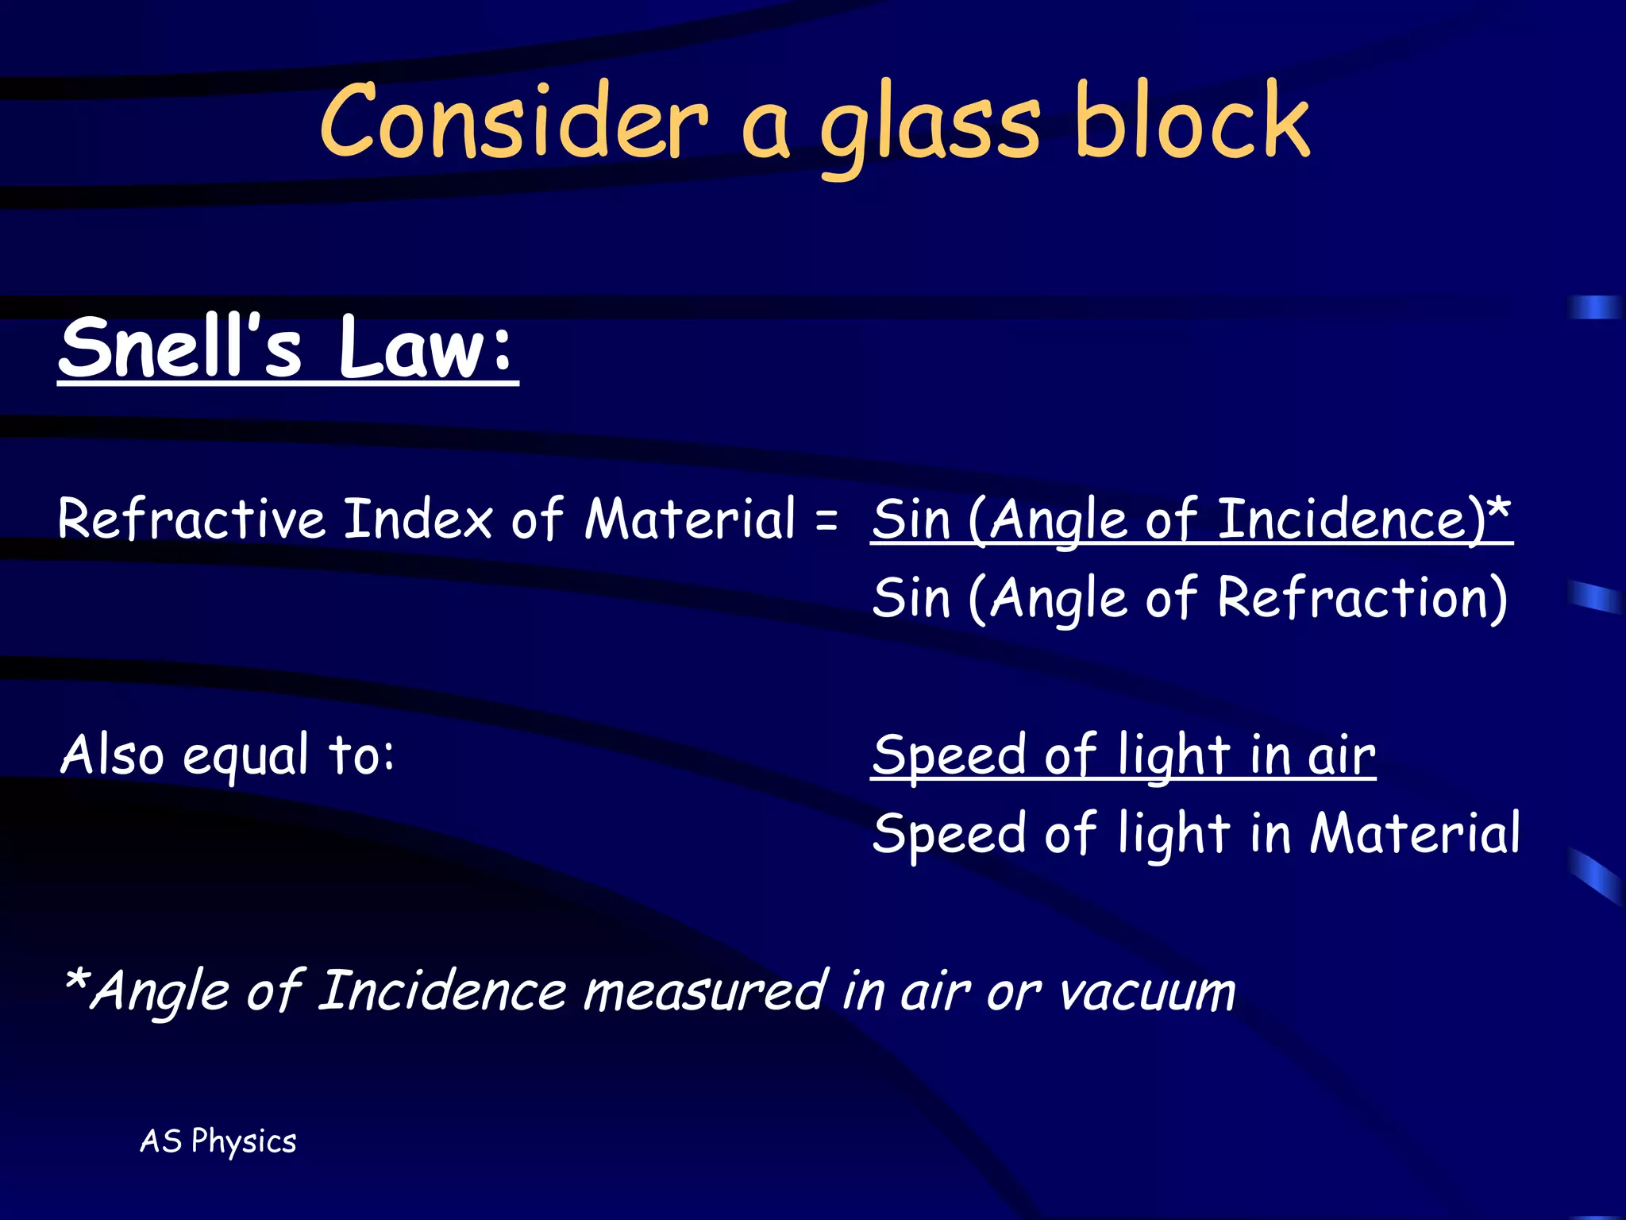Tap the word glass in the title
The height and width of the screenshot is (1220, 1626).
coord(929,127)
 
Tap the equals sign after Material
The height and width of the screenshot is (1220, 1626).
coord(826,520)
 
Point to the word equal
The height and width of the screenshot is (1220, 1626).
coord(245,756)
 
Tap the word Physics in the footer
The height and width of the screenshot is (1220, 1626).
coord(244,1141)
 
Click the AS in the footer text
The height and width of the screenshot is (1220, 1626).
coord(161,1141)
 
